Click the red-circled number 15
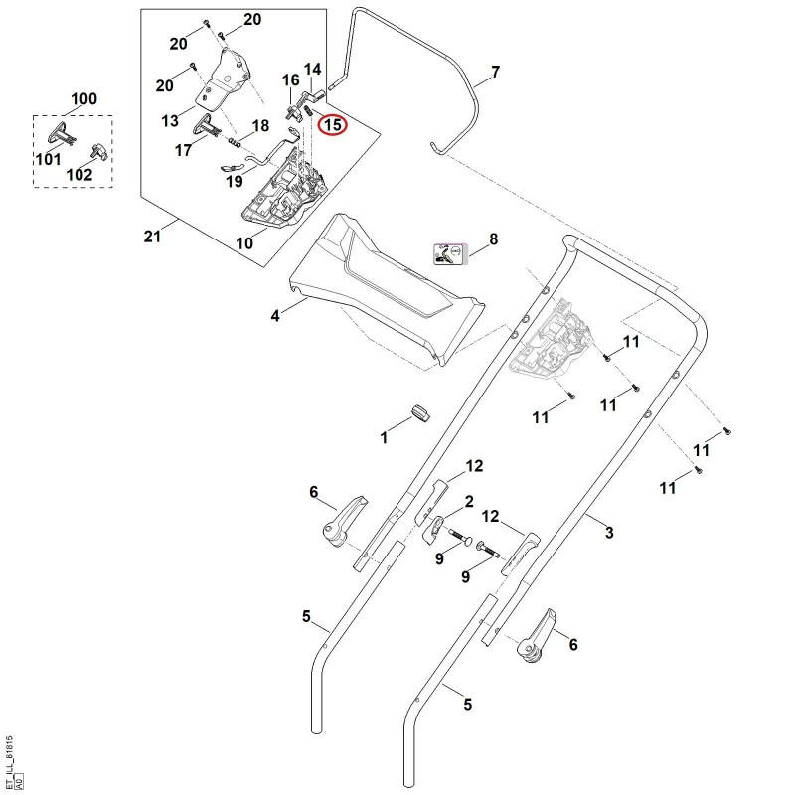point(333,124)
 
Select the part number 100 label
point(83,98)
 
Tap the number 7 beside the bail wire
point(495,72)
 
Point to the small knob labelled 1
point(420,412)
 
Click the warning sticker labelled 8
point(449,254)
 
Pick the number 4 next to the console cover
point(275,316)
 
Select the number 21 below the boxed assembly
point(152,237)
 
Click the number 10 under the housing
point(244,243)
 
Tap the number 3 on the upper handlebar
point(609,533)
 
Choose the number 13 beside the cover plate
point(170,120)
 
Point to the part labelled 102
point(100,152)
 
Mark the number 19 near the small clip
point(235,181)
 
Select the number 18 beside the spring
point(260,126)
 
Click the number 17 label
point(183,150)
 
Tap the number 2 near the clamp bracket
point(469,502)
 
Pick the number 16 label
point(290,80)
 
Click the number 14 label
point(312,69)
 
